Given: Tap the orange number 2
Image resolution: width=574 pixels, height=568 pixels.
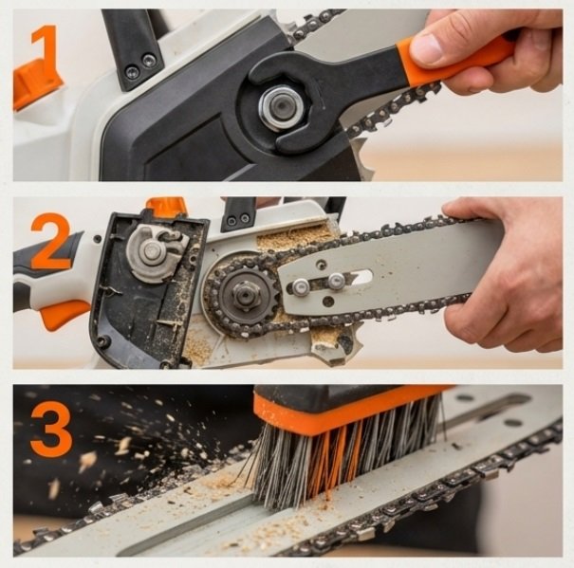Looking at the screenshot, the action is [x=51, y=241].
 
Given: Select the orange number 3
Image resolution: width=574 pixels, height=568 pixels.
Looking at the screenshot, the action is [x=51, y=429].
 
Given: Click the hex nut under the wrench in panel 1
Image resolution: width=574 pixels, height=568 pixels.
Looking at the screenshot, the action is [x=281, y=106].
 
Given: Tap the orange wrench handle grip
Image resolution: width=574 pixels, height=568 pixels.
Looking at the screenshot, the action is [x=453, y=58].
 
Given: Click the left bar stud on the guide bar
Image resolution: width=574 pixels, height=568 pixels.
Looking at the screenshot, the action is [x=301, y=287].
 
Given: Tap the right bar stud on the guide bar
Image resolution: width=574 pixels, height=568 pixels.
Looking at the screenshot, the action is [x=337, y=281].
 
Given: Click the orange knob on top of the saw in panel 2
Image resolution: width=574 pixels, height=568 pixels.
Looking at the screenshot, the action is [x=167, y=207].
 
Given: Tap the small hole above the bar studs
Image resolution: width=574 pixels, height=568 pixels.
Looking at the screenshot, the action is [x=322, y=263].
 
